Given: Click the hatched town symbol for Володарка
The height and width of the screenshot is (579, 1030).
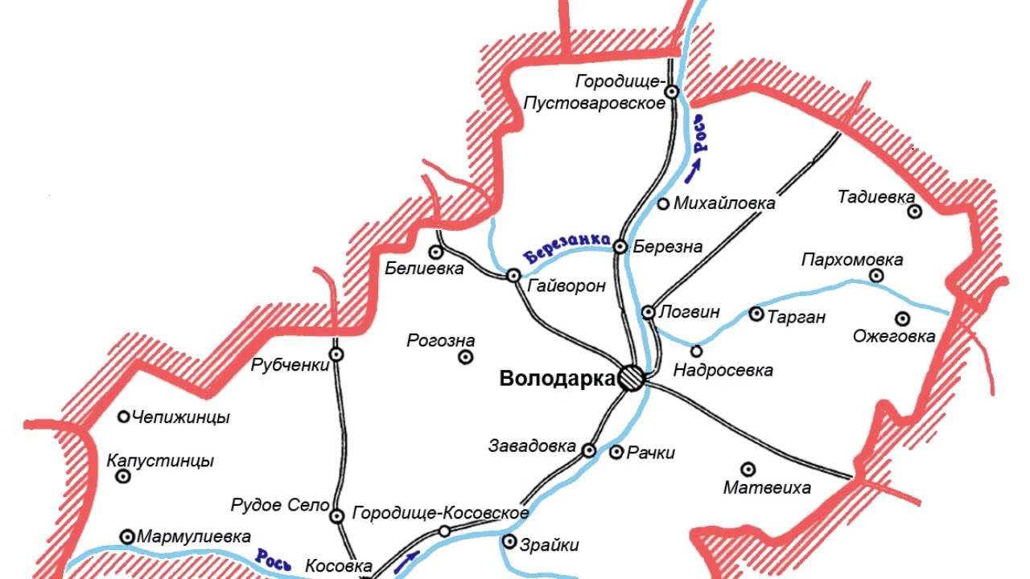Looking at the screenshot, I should [x=632, y=378].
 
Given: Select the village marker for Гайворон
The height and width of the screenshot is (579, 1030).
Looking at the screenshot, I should [x=513, y=276].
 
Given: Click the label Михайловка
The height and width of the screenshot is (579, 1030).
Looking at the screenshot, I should [x=724, y=203].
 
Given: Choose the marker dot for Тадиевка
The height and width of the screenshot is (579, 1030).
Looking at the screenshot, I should [x=914, y=211].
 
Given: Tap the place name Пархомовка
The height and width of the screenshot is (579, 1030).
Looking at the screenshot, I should [x=852, y=260].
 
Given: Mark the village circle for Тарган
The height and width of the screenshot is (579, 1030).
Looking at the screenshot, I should [x=756, y=314].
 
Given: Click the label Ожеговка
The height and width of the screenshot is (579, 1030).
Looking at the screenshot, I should [x=894, y=336].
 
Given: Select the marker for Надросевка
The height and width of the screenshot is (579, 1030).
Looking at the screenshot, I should [x=697, y=351].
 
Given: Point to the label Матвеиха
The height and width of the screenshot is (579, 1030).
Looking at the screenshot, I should [x=767, y=487].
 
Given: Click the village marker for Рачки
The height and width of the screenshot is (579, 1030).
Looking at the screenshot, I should [x=616, y=453].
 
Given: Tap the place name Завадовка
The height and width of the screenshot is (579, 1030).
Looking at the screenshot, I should [x=532, y=446].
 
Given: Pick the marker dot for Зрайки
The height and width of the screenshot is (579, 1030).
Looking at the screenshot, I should [x=509, y=542].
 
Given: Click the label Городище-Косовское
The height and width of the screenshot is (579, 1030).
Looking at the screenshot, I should [x=441, y=513].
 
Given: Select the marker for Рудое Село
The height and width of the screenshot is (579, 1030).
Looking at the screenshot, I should [x=337, y=515].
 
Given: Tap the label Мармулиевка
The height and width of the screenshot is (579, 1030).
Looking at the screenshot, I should [x=194, y=536].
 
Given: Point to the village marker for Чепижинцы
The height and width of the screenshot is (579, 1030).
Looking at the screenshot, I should [x=124, y=417].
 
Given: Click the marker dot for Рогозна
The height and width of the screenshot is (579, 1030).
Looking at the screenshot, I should [x=465, y=357].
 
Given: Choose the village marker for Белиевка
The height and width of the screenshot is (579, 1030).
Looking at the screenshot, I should [x=436, y=251].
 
